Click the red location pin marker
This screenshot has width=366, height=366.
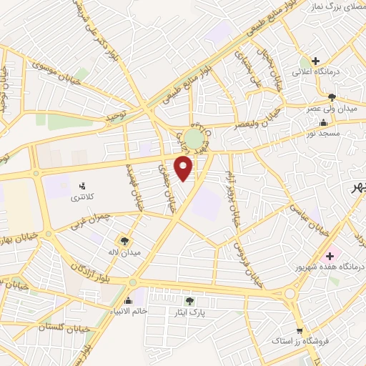(184, 169)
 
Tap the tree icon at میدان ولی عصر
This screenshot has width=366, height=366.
(331, 97)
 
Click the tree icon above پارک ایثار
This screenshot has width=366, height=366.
(189, 302)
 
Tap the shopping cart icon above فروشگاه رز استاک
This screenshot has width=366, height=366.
(300, 332)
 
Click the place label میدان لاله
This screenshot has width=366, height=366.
(126, 252)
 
